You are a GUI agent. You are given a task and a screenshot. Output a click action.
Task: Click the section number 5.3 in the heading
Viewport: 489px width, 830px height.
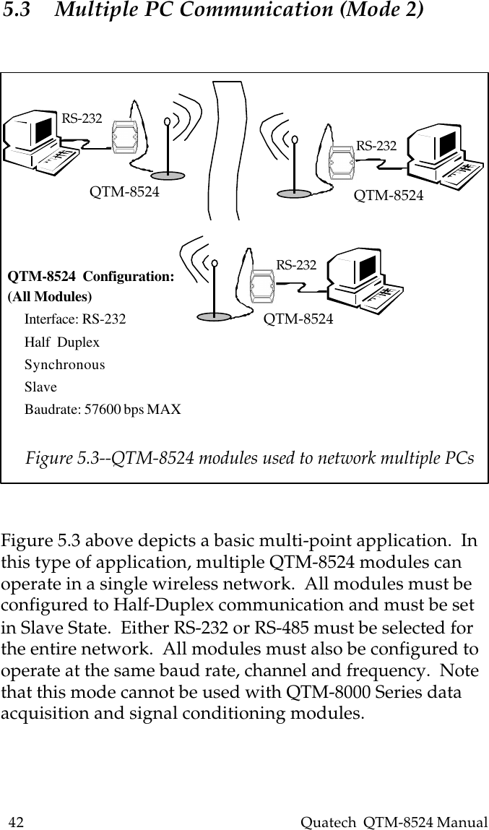[17, 11]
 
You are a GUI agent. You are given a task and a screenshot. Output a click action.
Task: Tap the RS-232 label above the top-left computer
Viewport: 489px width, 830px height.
[82, 118]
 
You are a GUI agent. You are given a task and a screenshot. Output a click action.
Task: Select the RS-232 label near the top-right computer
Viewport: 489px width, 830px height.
[376, 145]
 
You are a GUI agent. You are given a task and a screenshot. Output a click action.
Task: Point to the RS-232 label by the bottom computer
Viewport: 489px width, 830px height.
[296, 265]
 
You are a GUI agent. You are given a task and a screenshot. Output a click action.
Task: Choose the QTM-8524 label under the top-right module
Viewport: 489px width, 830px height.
[389, 196]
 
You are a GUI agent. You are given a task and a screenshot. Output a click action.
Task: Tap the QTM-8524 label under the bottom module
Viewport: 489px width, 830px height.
[298, 318]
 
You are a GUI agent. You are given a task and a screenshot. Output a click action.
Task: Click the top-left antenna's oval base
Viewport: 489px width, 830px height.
[170, 174]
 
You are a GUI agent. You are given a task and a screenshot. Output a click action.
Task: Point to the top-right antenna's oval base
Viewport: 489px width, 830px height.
[296, 193]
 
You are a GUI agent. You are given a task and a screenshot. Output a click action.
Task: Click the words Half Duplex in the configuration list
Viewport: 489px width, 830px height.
[62, 342]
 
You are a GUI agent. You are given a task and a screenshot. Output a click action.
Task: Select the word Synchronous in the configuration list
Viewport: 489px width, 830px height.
[64, 365]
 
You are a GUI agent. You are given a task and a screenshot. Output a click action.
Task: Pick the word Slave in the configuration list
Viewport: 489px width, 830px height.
[40, 387]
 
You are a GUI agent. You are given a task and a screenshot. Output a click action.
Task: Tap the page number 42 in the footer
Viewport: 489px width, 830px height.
[16, 822]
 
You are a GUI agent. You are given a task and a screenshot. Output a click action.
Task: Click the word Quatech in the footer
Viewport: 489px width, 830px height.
[324, 822]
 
